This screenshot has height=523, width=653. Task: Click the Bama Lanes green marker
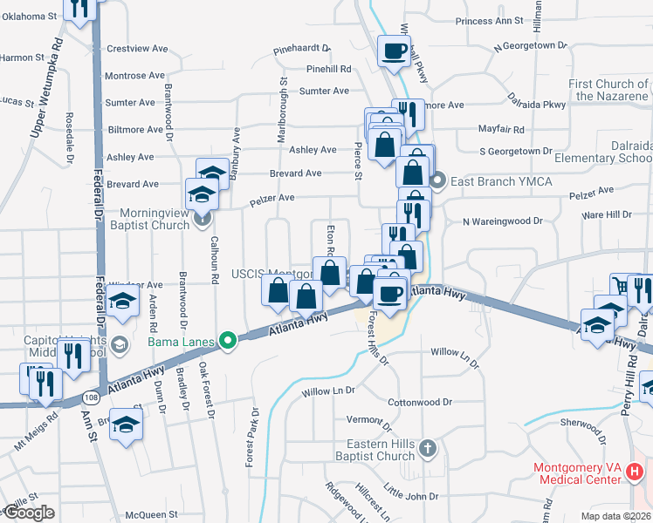pos(229,340)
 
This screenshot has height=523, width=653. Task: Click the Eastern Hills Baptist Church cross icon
pos(427,448)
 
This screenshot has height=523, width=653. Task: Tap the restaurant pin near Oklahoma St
pos(79,8)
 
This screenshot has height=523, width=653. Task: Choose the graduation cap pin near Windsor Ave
pos(123,303)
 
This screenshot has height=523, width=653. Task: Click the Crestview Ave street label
pos(136,50)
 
